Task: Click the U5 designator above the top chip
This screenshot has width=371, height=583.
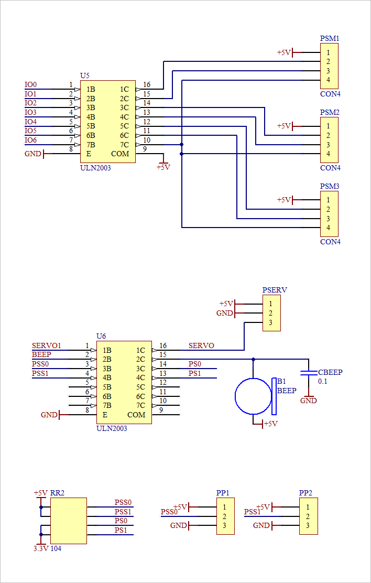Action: click(x=84, y=76)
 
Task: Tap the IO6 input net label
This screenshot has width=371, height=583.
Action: click(x=31, y=140)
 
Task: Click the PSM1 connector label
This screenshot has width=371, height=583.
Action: click(x=330, y=39)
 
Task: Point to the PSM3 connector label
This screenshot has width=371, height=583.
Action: click(x=330, y=187)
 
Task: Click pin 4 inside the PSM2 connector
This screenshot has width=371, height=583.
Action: click(x=328, y=154)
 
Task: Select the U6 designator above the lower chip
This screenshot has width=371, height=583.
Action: click(x=101, y=336)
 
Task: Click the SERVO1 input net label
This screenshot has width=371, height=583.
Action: click(x=47, y=346)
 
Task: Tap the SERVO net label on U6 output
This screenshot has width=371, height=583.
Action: click(x=201, y=346)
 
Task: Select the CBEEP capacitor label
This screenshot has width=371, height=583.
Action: click(x=330, y=372)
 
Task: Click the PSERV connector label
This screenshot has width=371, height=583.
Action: click(x=275, y=290)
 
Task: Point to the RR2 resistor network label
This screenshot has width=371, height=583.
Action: click(x=57, y=493)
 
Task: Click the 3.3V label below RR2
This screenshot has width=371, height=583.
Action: click(x=41, y=548)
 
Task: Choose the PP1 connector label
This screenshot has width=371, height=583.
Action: click(x=223, y=493)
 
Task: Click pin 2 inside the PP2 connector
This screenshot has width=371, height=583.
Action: click(x=308, y=516)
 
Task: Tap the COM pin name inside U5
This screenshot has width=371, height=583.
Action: click(x=120, y=154)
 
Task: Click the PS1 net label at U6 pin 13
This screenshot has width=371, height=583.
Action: click(x=194, y=373)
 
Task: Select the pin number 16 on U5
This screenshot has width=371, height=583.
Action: click(x=147, y=85)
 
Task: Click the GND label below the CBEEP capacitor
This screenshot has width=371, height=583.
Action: click(x=309, y=401)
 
